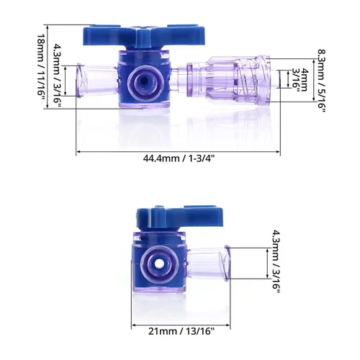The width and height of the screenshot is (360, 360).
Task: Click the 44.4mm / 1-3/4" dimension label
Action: (x=177, y=159)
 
